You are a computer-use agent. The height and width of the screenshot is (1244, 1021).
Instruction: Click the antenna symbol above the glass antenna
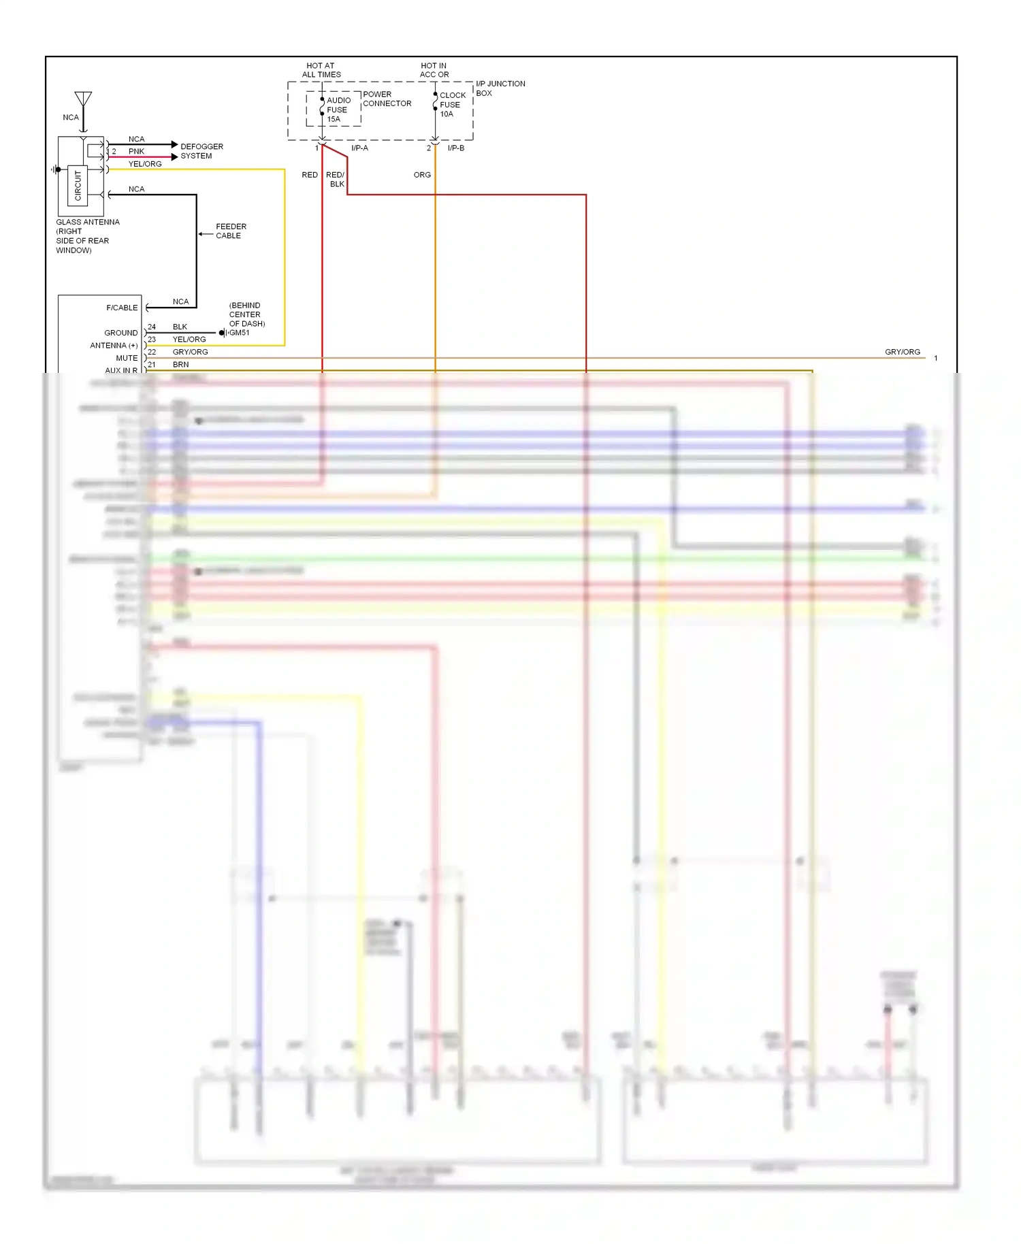(x=83, y=100)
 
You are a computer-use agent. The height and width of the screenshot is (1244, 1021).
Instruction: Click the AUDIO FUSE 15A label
(x=338, y=110)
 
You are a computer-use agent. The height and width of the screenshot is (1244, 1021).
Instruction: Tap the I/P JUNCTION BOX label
(x=500, y=88)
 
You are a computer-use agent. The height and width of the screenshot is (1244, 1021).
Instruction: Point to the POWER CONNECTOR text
(x=387, y=99)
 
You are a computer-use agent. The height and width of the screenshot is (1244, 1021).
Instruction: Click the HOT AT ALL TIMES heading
(x=321, y=70)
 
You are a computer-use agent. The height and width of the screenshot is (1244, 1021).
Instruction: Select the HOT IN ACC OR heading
(x=434, y=70)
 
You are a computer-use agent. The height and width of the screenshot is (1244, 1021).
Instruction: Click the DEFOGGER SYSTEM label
(x=201, y=151)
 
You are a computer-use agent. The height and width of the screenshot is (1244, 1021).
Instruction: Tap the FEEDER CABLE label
(x=231, y=231)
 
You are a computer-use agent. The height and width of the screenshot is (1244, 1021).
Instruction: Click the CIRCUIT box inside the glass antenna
(x=78, y=185)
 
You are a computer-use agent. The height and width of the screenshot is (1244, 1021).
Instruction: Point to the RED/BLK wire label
(x=336, y=179)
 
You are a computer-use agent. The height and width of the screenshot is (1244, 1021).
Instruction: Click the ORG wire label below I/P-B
(x=422, y=175)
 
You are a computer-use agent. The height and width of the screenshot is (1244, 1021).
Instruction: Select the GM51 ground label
(x=239, y=333)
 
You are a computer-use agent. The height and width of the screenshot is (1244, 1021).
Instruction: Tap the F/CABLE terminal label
(x=122, y=308)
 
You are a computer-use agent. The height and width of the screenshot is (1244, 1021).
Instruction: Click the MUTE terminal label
(x=127, y=358)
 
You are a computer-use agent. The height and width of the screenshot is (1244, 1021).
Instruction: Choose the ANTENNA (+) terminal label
(x=114, y=346)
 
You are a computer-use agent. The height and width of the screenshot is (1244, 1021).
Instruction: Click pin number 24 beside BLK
(x=152, y=327)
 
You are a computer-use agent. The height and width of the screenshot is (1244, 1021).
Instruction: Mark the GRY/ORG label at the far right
(x=902, y=352)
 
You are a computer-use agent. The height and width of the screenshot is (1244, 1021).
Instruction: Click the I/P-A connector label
(x=359, y=148)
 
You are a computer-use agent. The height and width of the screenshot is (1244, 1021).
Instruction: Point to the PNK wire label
(x=136, y=151)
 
